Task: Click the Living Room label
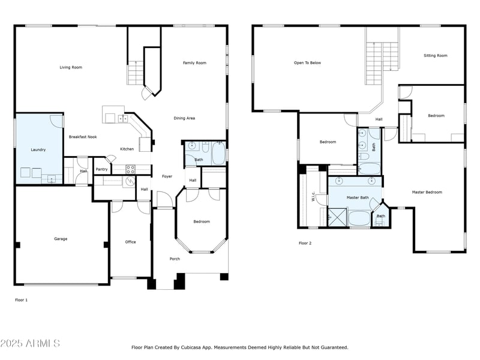click(71, 67)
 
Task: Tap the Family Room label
click(194, 63)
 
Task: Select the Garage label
click(61, 239)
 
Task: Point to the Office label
click(130, 242)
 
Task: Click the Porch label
click(175, 259)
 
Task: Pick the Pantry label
click(101, 169)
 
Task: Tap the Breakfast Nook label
click(83, 137)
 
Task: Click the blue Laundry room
click(39, 149)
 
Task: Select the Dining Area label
click(184, 118)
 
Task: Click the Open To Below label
click(307, 63)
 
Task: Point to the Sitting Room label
click(436, 56)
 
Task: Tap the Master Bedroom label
click(427, 192)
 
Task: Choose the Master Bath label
click(358, 198)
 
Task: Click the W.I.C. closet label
click(313, 197)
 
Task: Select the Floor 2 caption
click(305, 243)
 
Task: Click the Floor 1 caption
click(21, 300)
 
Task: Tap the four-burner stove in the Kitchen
click(130, 170)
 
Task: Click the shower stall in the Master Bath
click(337, 217)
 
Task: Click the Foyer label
click(167, 176)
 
